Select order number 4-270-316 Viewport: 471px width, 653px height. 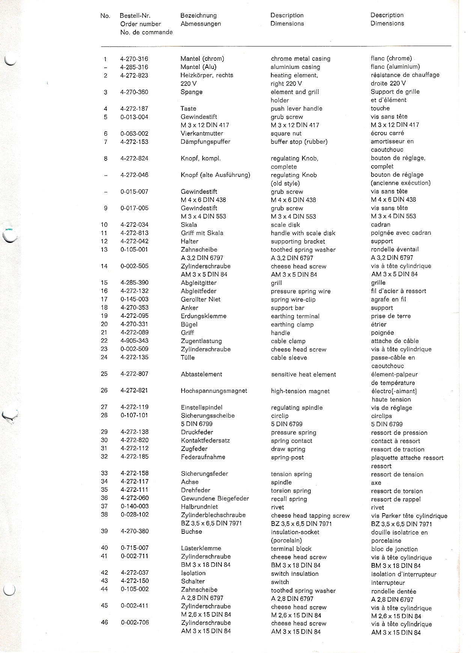[134, 59]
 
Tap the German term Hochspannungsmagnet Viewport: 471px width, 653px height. [214, 391]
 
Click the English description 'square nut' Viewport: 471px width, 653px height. [286, 133]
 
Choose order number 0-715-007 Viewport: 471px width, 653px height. [134, 548]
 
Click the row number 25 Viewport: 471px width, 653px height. [104, 374]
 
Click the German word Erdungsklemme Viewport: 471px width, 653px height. [203, 316]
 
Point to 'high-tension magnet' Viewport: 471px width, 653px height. [300, 391]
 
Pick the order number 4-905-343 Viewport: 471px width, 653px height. [134, 341]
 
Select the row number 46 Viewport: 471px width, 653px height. [104, 622]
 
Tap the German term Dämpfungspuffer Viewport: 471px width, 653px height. [205, 142]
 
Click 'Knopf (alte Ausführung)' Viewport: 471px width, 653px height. [215, 175]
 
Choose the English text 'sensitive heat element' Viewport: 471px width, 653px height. [303, 374]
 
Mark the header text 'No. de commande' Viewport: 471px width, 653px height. [146, 32]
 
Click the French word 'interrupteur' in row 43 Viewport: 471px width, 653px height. [388, 583]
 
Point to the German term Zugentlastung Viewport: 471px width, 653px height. [201, 341]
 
